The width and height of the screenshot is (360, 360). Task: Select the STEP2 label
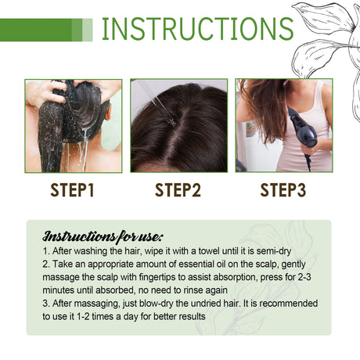(178, 190)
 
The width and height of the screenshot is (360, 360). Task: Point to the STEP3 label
(286, 190)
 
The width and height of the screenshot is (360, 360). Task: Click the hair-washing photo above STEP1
(73, 125)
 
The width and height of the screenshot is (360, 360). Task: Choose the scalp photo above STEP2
(178, 125)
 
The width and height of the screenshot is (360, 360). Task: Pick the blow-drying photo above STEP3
(284, 125)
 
